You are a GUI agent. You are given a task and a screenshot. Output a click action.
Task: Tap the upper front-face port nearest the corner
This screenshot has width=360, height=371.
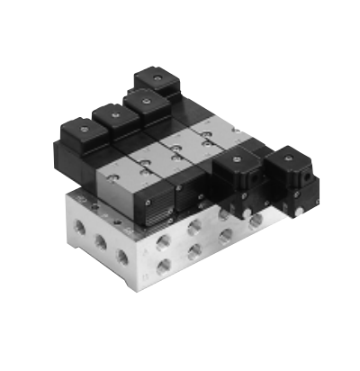coord(163,242)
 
